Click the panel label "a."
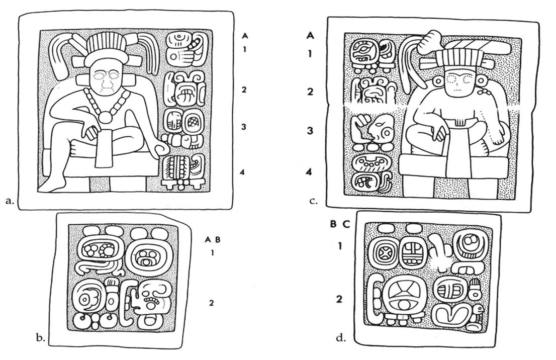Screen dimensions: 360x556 pyautogui.click(x=8, y=201)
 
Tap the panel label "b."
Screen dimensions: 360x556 pyautogui.click(x=43, y=338)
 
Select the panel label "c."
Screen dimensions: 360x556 pyautogui.click(x=314, y=201)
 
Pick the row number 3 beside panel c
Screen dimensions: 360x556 pyautogui.click(x=311, y=130)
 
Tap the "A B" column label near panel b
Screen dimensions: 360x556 pyautogui.click(x=213, y=240)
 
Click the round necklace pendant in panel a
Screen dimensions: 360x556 pyautogui.click(x=106, y=117)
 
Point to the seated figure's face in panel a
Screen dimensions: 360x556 pyautogui.click(x=107, y=80)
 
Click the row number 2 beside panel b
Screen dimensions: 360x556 pyautogui.click(x=212, y=302)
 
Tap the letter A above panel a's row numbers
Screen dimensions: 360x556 pyautogui.click(x=245, y=36)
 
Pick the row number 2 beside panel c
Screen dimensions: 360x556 pyautogui.click(x=311, y=92)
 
